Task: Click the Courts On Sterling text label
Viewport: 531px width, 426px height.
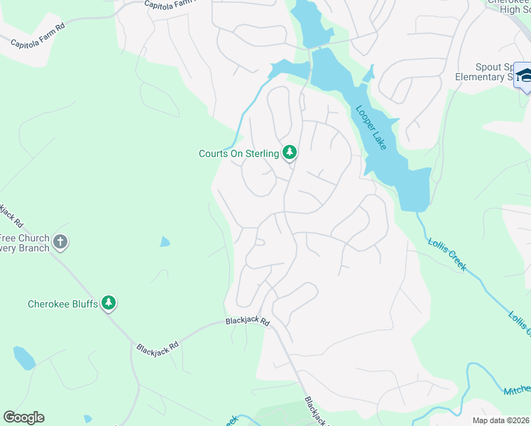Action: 239,153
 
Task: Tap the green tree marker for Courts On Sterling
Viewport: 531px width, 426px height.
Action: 290,152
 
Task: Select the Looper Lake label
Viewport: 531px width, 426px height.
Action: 370,128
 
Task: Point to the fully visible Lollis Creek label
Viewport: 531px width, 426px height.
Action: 447,253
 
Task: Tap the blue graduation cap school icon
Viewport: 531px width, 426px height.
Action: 524,75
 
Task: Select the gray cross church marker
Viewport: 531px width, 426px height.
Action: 60,242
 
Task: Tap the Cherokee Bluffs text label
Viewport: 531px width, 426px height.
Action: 62,304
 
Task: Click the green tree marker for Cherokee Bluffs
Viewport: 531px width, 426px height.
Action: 109,304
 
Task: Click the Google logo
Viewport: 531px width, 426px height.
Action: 23,417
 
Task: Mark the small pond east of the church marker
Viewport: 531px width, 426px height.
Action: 165,242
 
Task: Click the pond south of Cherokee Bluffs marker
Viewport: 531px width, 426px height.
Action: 23,358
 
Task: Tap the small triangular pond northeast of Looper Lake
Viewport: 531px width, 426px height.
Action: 368,74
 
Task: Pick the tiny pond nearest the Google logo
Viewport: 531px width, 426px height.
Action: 87,419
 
